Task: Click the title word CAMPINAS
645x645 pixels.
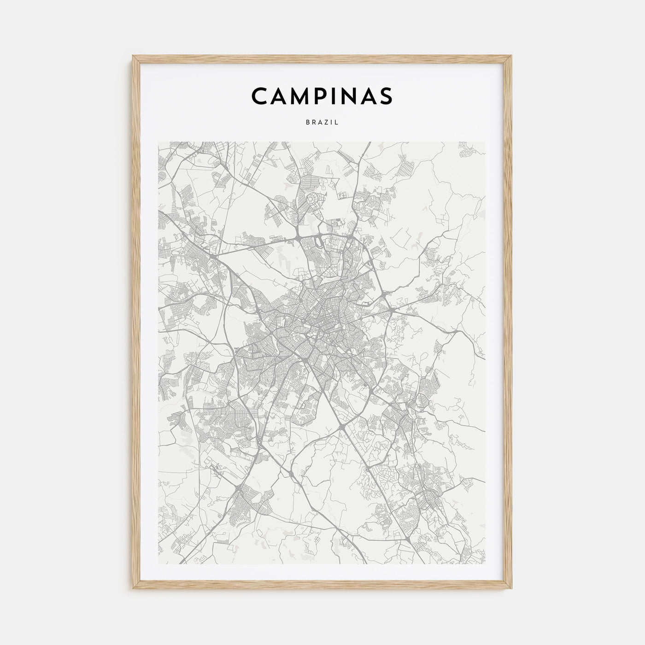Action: (322, 95)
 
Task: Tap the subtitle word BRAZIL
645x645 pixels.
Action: (322, 123)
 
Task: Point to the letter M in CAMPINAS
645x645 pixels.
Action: (300, 95)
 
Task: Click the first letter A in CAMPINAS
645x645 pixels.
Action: (278, 95)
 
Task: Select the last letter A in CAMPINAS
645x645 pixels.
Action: (369, 95)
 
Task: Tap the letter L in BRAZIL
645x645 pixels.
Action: (337, 123)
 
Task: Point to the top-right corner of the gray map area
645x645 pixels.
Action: (485, 142)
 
